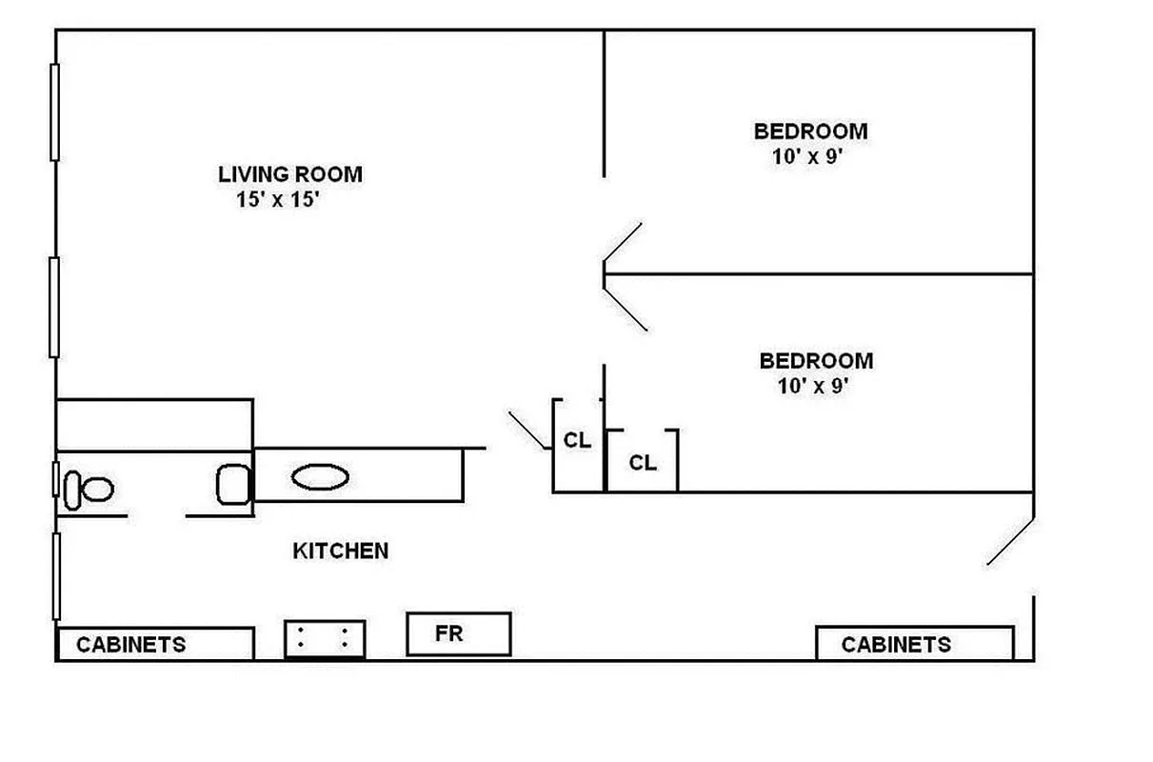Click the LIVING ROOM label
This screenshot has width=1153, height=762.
click(290, 174)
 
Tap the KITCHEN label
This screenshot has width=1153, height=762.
click(340, 551)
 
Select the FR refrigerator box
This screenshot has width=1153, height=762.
click(458, 634)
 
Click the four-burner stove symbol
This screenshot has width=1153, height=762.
click(325, 638)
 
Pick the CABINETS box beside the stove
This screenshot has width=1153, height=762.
click(155, 644)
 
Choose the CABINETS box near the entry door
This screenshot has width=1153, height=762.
click(914, 644)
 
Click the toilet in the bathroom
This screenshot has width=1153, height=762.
click(89, 490)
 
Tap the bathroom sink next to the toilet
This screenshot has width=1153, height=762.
click(233, 484)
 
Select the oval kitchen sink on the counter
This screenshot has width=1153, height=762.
click(320, 477)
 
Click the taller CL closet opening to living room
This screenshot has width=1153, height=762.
click(577, 442)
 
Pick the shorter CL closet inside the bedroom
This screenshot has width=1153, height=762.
click(643, 462)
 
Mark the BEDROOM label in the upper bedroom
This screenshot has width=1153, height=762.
click(810, 131)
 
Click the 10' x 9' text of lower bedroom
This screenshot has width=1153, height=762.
click(811, 387)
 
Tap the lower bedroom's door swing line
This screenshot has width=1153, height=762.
click(626, 305)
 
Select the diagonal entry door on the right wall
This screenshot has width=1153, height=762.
click(1010, 542)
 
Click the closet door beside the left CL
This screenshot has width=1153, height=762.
click(527, 430)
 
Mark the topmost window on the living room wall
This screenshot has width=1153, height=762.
click(54, 111)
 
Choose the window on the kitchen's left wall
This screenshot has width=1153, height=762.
click(56, 575)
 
